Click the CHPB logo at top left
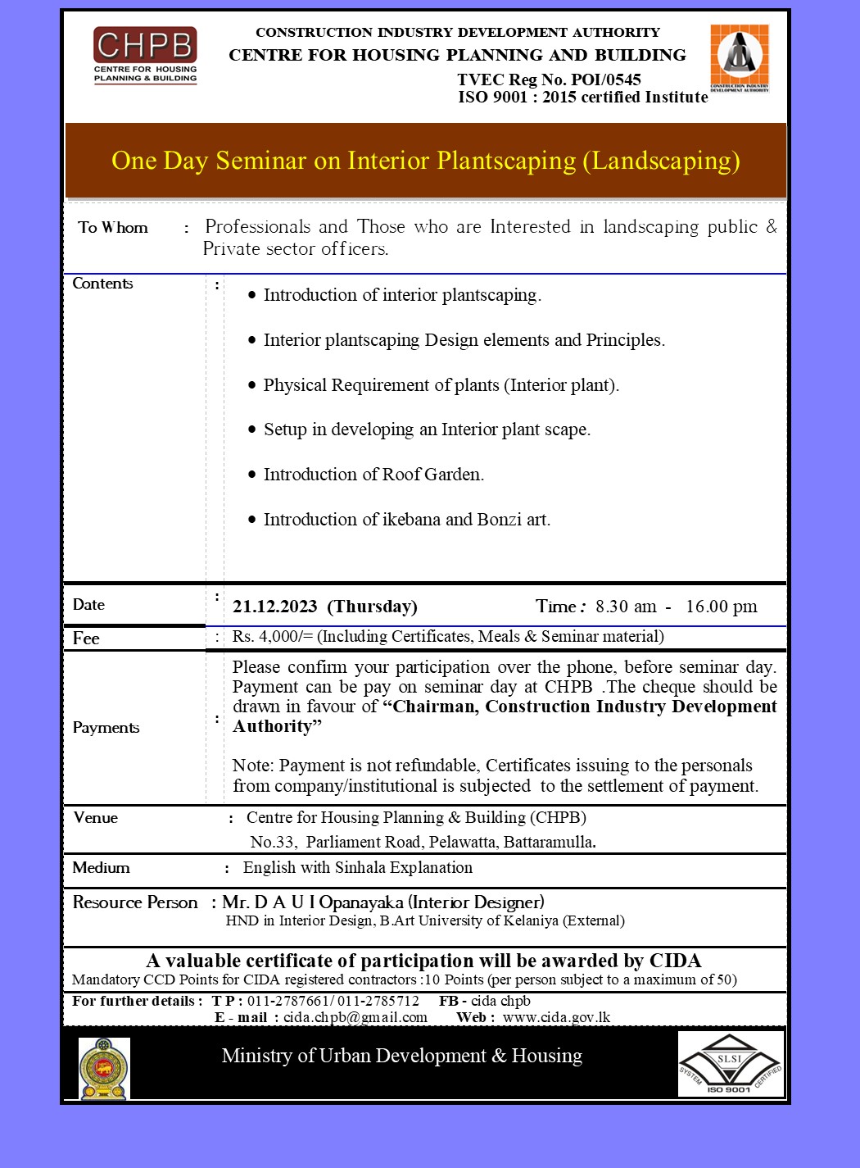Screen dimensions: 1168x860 pos(145,55)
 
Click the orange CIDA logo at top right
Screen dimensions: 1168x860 pos(739,57)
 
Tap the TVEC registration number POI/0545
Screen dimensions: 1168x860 pos(606,80)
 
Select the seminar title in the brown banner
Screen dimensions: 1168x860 pos(425,161)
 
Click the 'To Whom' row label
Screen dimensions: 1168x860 pos(113,228)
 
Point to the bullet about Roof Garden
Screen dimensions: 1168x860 pos(373,475)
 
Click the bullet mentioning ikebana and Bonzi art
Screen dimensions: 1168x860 pos(406,520)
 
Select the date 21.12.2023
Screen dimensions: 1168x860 pos(274,607)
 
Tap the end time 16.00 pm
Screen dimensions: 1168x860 pos(721,607)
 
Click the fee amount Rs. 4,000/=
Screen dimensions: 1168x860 pos(272,637)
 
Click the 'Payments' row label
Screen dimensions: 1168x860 pos(106,728)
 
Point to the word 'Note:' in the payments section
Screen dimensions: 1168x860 pos(253,766)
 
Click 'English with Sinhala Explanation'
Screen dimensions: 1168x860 pos(358,867)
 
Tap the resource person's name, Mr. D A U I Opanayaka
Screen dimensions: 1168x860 pos(313,902)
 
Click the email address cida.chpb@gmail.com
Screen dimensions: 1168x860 pos(355,1017)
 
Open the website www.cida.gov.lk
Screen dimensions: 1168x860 pos(556,1017)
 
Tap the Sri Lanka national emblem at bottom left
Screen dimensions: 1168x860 pos(104,1067)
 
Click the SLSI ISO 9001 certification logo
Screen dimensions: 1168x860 pos(730,1064)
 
